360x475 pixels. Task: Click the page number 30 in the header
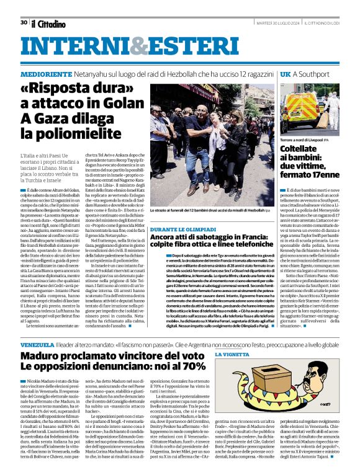click(23, 22)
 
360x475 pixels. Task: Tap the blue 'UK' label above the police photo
click(286, 74)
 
